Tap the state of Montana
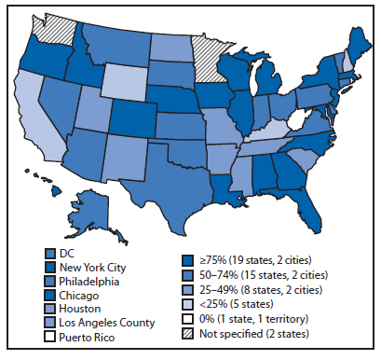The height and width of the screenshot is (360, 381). (x=116, y=39)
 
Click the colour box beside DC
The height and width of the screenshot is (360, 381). (x=50, y=254)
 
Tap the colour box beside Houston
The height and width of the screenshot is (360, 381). (x=50, y=307)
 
